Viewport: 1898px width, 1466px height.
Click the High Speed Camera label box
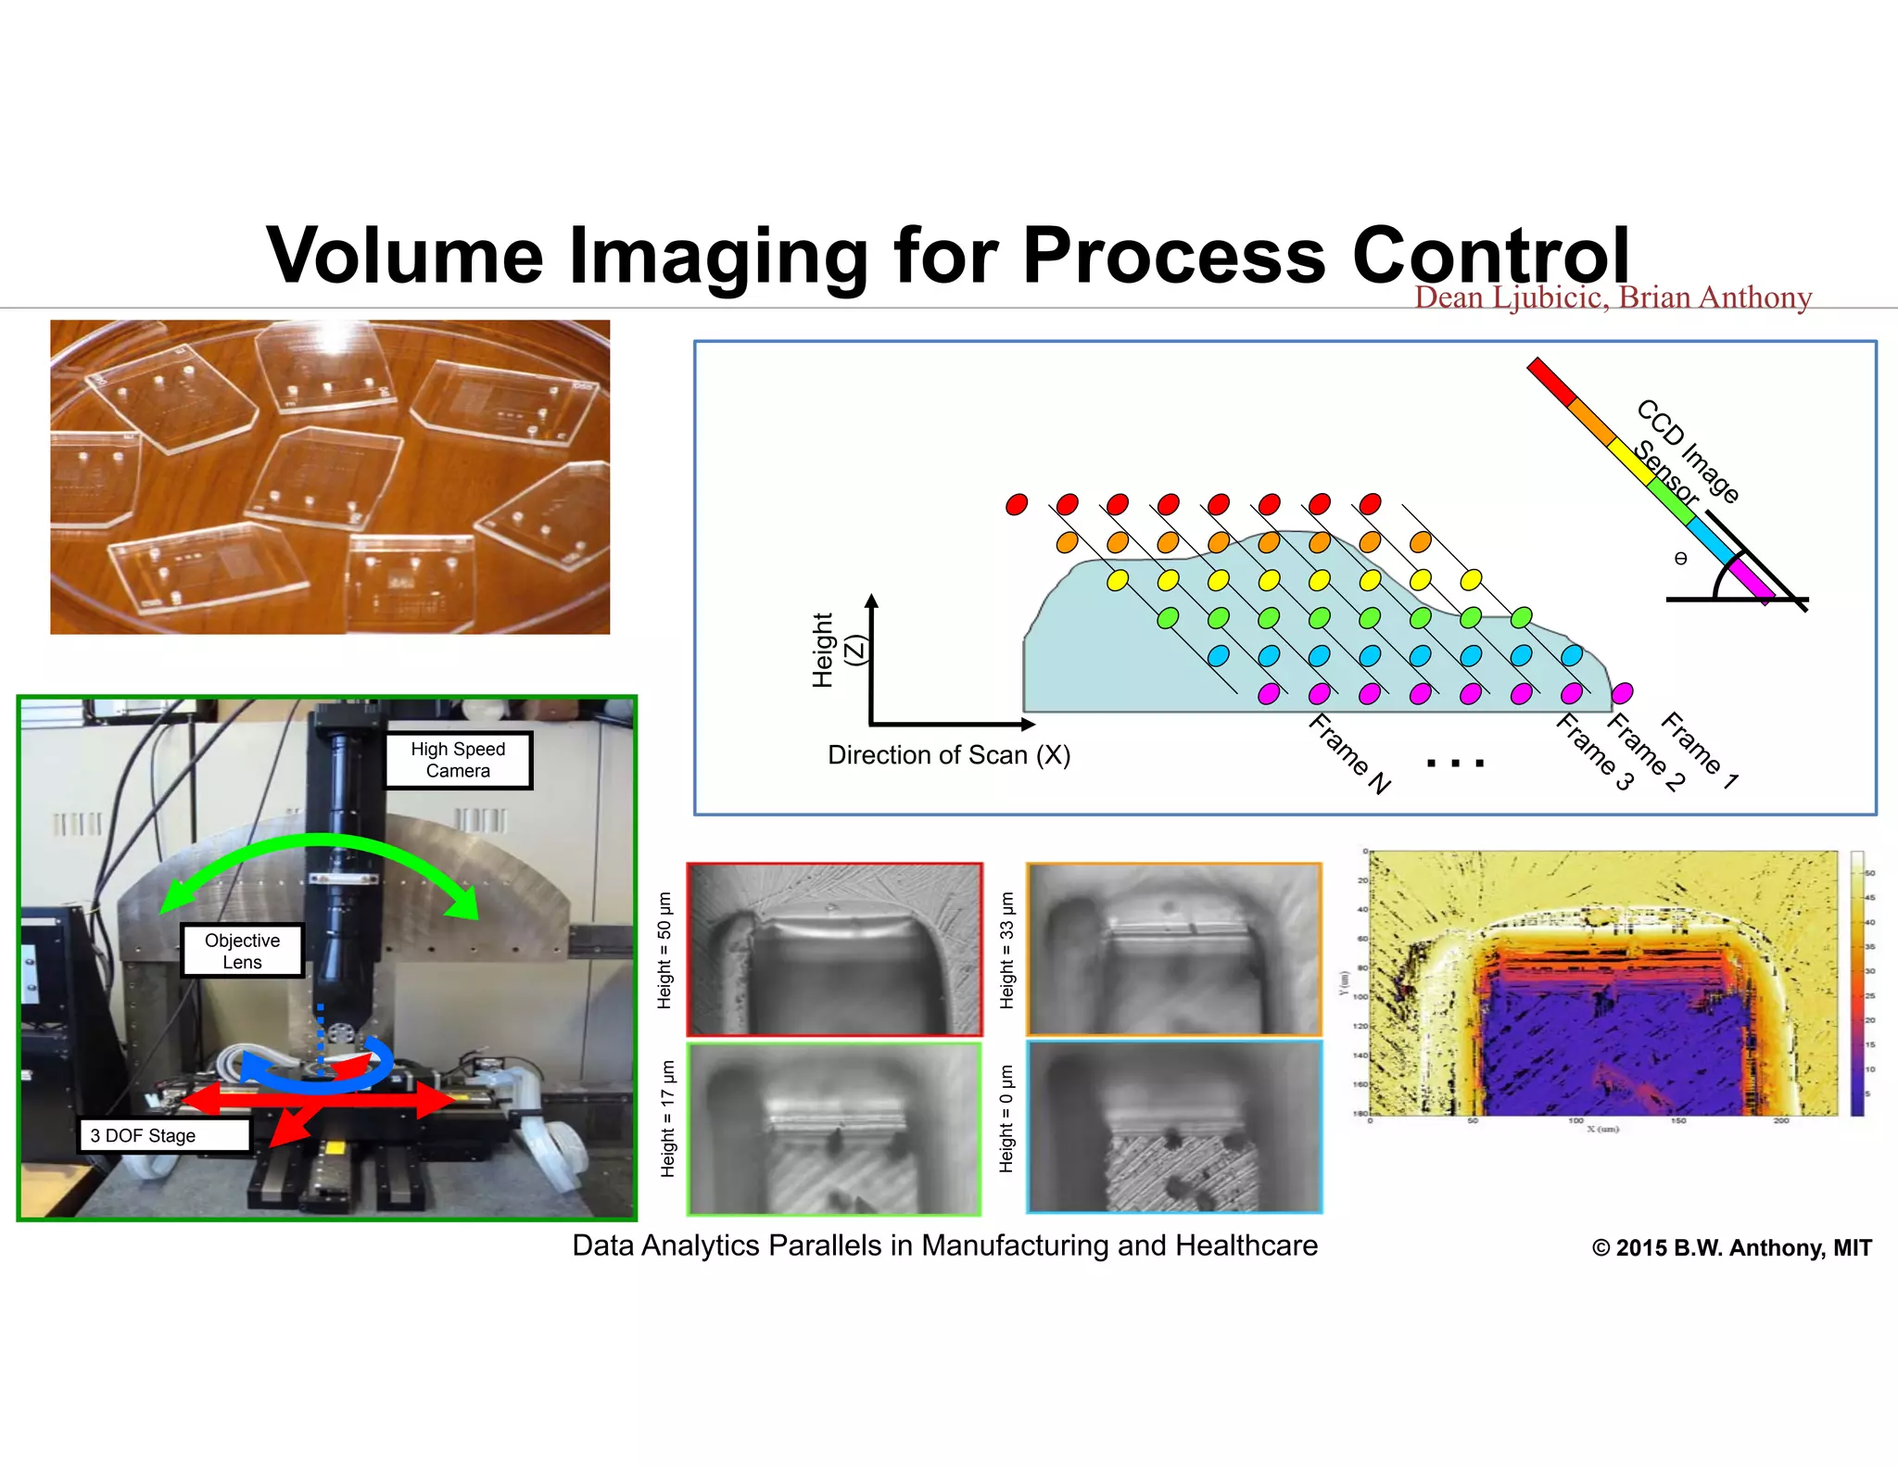tap(458, 760)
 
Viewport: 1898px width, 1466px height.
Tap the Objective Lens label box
tap(242, 951)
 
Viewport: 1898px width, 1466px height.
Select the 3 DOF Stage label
tap(163, 1135)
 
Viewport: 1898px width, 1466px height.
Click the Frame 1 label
tap(1700, 750)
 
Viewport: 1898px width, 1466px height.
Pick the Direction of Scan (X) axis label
tap(948, 755)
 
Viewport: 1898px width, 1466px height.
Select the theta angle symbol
tap(1680, 559)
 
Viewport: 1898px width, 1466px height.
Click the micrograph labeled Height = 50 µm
tap(834, 950)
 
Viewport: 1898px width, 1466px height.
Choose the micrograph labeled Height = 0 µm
tap(1174, 1127)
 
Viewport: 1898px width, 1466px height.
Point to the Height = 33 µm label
tap(1007, 950)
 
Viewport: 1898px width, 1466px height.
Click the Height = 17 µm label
tap(667, 1119)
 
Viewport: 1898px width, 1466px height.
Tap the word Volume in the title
tap(405, 255)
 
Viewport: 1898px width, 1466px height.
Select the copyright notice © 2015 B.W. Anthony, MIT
tap(1731, 1248)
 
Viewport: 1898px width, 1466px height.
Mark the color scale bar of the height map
tap(1857, 983)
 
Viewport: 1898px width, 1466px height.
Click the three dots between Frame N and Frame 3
tap(1455, 764)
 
